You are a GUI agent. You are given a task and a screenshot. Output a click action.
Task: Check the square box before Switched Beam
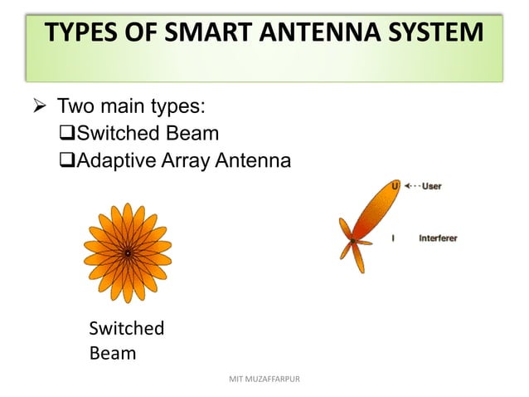(68, 134)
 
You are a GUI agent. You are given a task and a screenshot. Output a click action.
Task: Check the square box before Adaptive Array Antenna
(68, 160)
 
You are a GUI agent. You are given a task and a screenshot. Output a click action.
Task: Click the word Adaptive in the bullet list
(114, 160)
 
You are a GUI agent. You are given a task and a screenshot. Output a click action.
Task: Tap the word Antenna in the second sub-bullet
(254, 160)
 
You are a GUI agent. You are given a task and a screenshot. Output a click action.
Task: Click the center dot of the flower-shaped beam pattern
(128, 252)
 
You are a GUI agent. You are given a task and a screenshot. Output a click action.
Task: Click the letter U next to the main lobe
(395, 186)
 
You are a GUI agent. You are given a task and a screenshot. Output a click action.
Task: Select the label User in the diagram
(431, 186)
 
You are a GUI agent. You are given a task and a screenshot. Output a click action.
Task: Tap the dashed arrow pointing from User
(410, 186)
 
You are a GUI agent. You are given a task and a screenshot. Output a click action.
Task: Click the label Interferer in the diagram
(437, 238)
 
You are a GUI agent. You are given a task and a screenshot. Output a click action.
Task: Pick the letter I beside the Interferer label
(393, 238)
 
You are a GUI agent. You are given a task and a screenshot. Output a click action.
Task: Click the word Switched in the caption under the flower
(126, 328)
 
